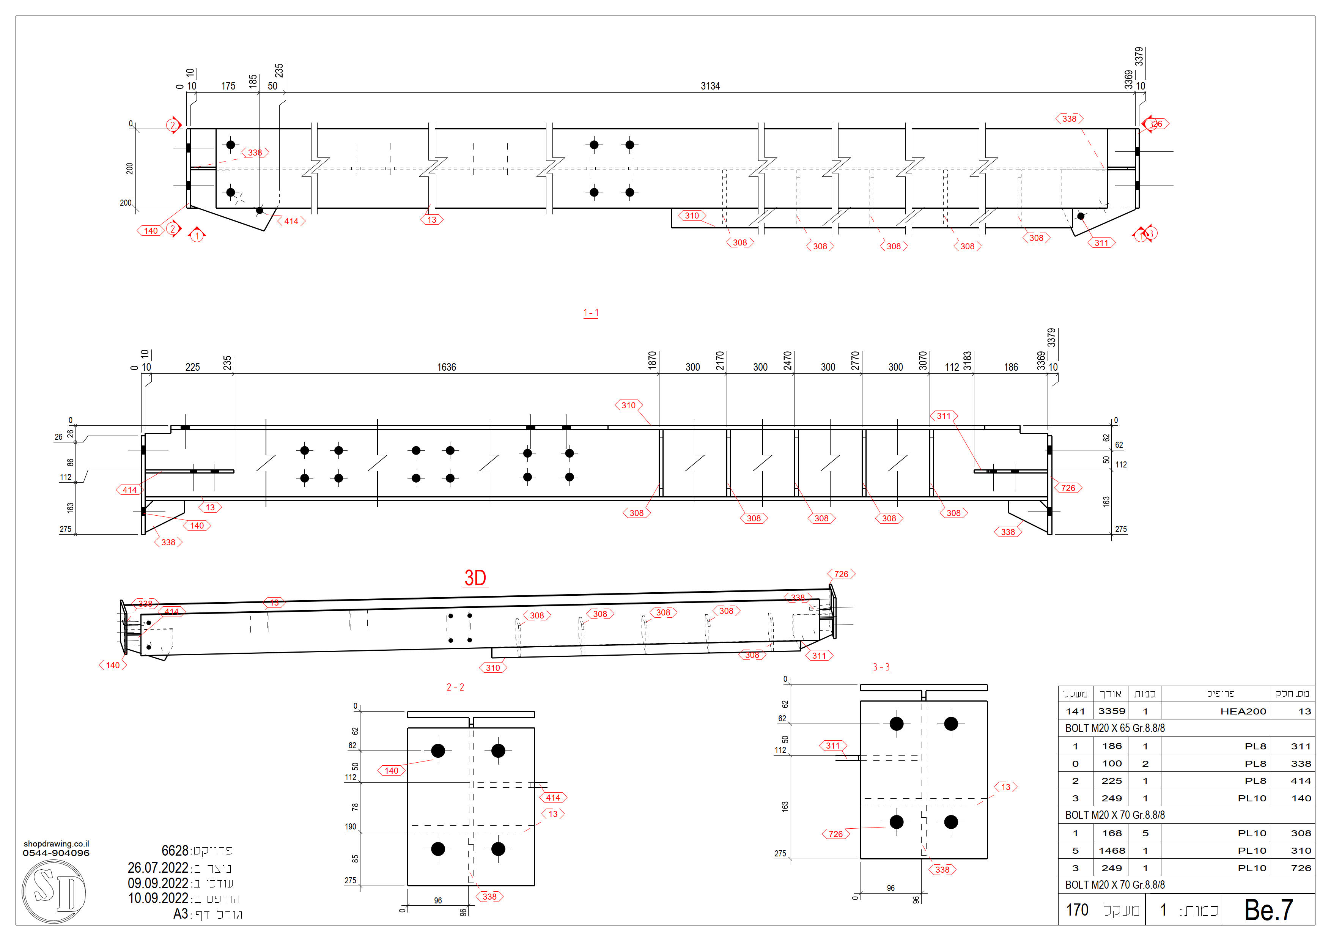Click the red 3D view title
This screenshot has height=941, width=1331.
475,578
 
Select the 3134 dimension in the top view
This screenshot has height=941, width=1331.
710,86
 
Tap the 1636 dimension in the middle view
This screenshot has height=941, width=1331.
446,367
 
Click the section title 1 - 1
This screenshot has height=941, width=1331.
591,313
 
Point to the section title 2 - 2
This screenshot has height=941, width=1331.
455,687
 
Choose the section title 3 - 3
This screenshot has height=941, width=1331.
881,667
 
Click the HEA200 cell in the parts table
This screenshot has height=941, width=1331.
1243,711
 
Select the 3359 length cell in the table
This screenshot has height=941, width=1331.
1111,711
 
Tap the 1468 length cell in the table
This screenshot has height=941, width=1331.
1111,851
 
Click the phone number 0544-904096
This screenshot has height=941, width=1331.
56,853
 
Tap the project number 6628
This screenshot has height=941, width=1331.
175,851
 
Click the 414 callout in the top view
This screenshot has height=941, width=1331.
291,221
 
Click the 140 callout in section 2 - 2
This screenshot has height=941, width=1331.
391,771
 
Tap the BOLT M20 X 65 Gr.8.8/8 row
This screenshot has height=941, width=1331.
1114,728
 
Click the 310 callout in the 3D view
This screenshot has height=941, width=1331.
493,668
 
